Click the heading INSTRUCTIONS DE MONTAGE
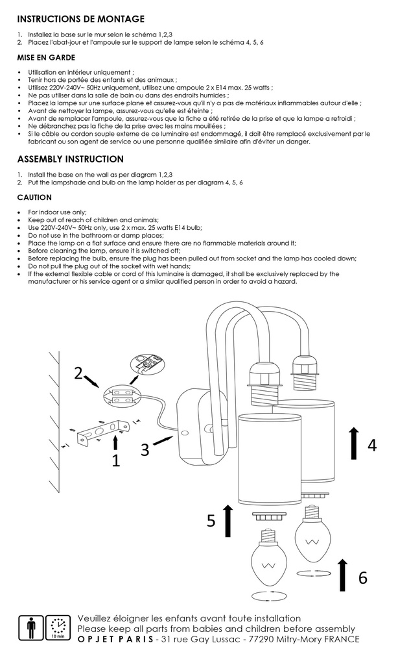pos(80,19)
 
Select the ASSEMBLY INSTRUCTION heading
pos(70,159)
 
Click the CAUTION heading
pos(34,197)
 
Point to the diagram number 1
pos(116,461)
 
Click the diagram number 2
pos(78,373)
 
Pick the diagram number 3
pos(145,448)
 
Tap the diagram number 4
pos(371,445)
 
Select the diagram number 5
pos(211,521)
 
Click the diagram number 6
pos(363,577)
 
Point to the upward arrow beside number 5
pos(228,520)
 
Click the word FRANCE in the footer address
pos(340,640)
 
